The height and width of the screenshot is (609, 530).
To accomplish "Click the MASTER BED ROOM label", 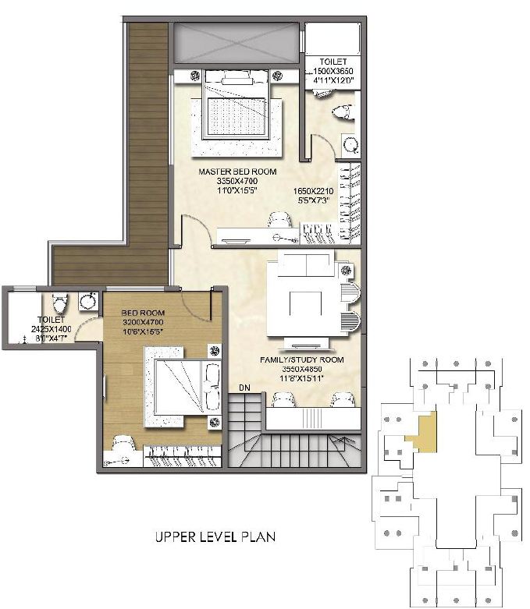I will [237, 172].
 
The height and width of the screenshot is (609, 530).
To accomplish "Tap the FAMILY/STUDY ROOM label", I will [301, 360].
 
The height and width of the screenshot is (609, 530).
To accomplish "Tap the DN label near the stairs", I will [244, 388].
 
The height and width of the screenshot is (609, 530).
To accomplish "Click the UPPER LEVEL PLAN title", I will [215, 536].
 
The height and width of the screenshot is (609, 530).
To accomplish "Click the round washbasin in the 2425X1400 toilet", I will [88, 301].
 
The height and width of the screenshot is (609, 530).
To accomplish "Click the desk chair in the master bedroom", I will [279, 221].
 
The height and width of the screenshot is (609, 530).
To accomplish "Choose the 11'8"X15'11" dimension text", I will [301, 379].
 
